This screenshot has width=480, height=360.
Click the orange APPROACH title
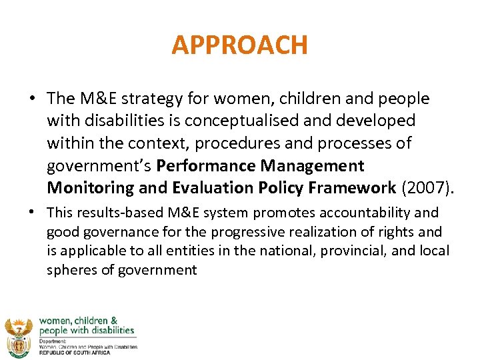pos(240,45)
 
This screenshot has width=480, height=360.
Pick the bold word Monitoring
pos(91,187)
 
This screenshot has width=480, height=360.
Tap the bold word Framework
pos(357,187)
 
